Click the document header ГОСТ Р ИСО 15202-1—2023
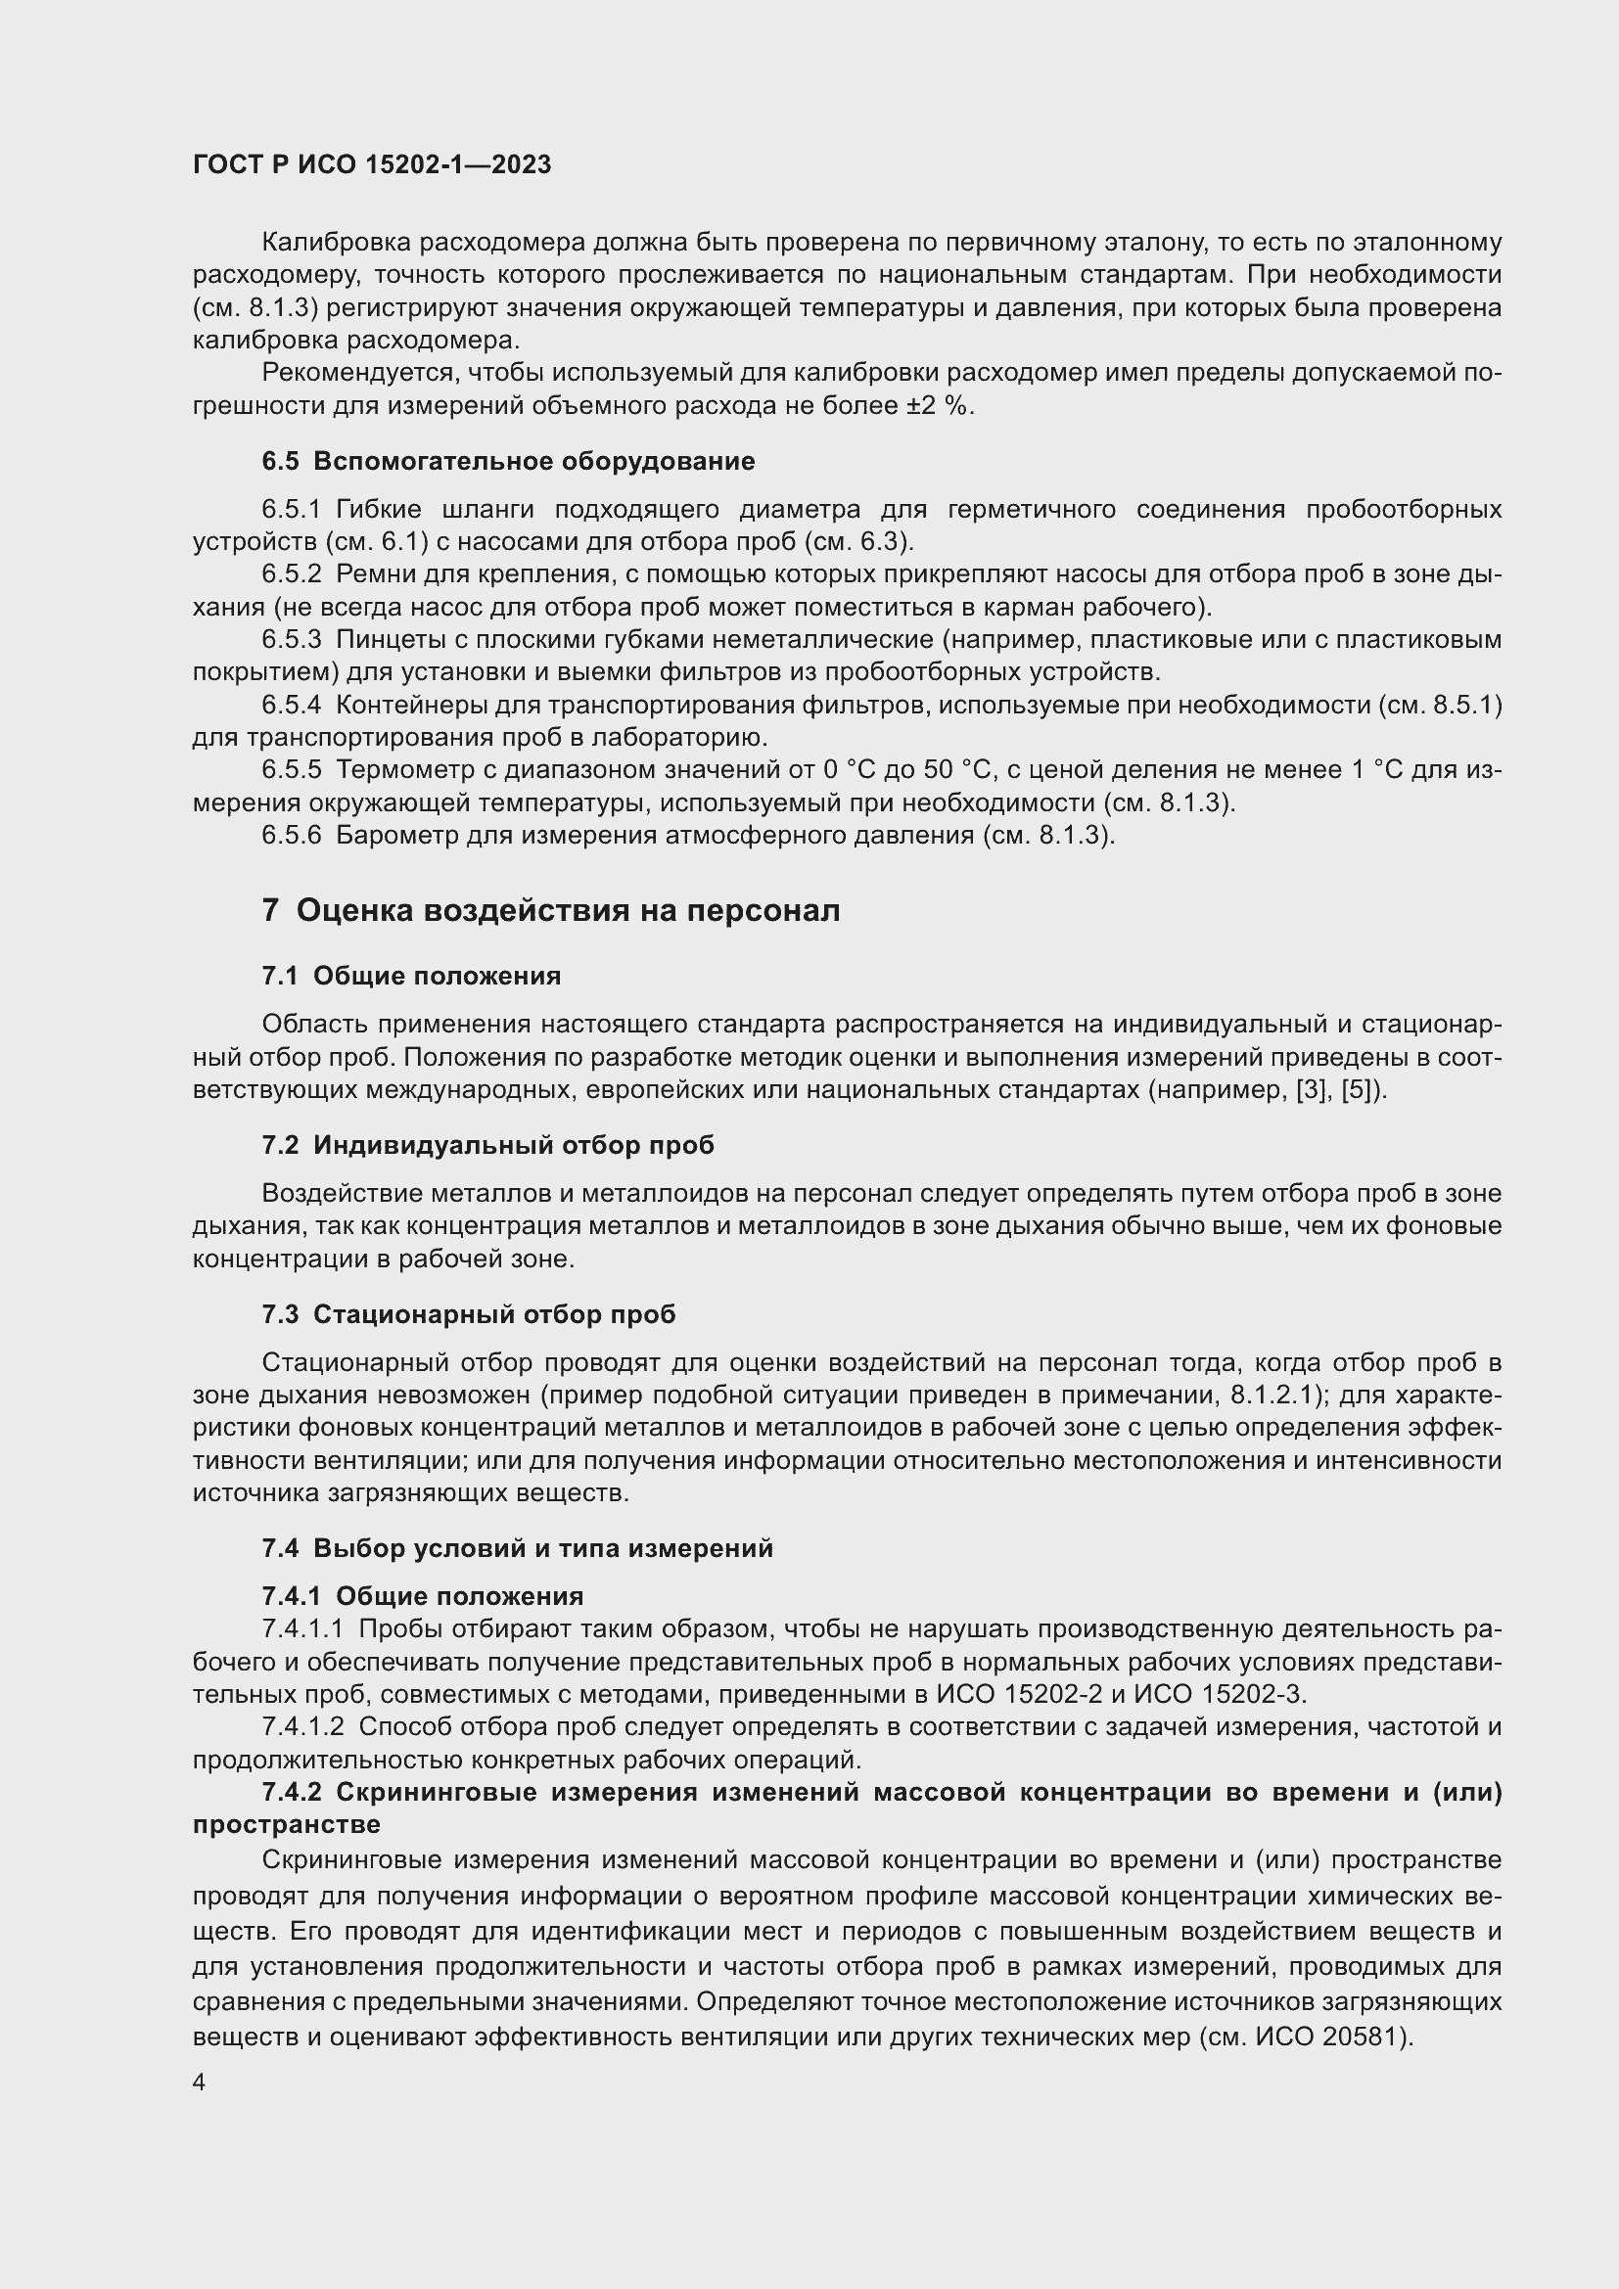tap(372, 165)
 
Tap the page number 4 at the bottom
tap(200, 2083)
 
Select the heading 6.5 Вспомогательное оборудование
tap(508, 462)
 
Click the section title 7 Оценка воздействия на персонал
tap(550, 910)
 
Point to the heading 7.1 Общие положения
tap(411, 976)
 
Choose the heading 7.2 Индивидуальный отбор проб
tap(487, 1146)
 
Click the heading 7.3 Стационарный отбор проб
tap(469, 1314)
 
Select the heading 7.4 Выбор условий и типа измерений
tap(518, 1548)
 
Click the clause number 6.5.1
tap(291, 510)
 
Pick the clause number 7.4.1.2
tap(303, 1725)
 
